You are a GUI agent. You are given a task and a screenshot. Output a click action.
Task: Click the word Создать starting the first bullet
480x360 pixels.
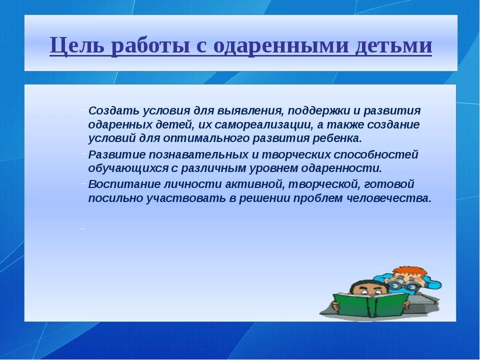click(113, 110)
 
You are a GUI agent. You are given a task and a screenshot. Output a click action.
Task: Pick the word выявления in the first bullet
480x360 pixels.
click(249, 110)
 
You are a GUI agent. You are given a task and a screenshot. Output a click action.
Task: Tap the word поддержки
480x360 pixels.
click(318, 111)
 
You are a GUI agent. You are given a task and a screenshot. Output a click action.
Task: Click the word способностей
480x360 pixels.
click(375, 155)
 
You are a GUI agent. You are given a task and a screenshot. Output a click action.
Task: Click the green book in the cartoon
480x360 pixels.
click(370, 304)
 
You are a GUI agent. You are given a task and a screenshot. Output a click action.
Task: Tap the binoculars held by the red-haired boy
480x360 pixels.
click(403, 285)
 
